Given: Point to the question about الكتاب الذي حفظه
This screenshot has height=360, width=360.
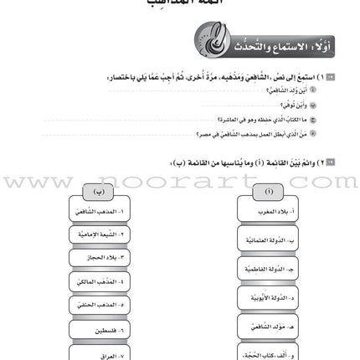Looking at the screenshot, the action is [255, 119].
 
